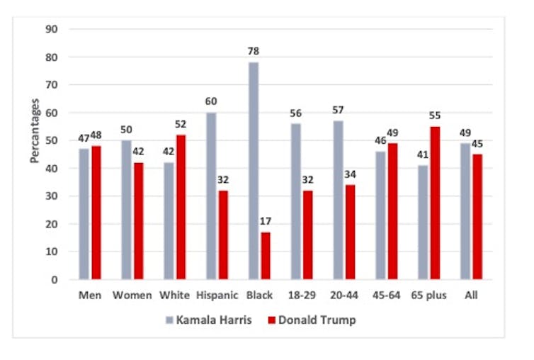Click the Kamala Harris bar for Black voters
(x=254, y=171)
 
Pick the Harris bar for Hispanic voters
(x=211, y=196)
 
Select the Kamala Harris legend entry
(x=201, y=320)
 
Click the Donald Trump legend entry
(x=309, y=320)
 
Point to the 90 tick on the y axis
(x=52, y=29)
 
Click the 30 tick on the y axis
(x=52, y=196)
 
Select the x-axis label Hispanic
(x=217, y=296)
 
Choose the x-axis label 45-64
(x=387, y=296)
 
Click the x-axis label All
(x=471, y=296)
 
